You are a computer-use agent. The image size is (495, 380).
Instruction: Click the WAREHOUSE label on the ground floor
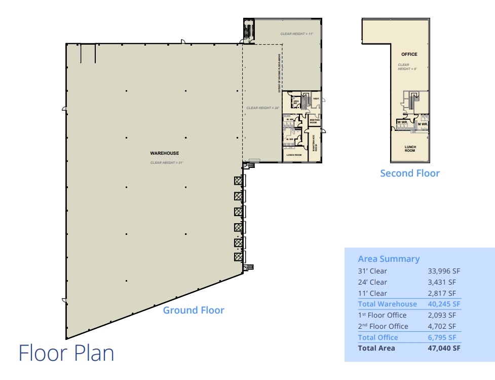click(165, 153)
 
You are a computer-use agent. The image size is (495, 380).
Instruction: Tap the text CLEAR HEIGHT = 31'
click(166, 163)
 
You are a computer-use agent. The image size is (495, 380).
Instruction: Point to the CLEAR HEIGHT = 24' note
click(263, 108)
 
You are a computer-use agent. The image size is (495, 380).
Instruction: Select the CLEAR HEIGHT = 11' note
click(297, 34)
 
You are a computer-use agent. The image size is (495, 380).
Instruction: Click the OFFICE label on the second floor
click(409, 54)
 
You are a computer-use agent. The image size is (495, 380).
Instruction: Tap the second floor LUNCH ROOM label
click(410, 149)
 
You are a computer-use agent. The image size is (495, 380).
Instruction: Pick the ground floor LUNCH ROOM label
click(294, 155)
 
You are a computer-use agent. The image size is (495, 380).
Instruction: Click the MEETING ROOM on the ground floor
click(314, 121)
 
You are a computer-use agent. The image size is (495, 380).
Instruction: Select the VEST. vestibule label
click(316, 99)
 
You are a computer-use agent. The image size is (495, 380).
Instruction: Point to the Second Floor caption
click(410, 174)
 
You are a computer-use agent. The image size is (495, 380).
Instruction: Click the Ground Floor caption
click(194, 310)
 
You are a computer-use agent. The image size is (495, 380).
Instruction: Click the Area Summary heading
click(389, 259)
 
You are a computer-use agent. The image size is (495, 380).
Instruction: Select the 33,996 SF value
click(444, 271)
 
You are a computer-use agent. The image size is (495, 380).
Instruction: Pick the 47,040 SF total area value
click(444, 348)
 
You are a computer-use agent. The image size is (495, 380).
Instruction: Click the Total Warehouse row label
click(387, 304)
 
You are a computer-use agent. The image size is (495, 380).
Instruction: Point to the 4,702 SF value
click(444, 326)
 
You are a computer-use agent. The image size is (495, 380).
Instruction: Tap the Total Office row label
click(378, 337)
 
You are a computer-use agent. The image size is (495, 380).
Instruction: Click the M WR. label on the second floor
click(423, 124)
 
